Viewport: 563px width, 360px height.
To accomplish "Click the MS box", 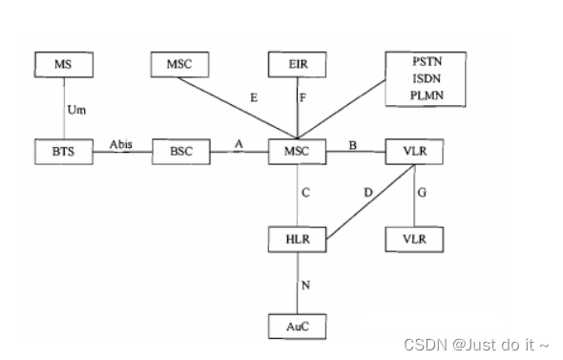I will (x=62, y=66).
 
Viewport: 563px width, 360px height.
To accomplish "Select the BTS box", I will (x=62, y=152).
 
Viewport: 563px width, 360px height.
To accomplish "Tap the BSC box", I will (x=179, y=152).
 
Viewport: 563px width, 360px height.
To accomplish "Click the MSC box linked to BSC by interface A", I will (x=297, y=152).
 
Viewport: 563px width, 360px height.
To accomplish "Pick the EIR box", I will (x=297, y=66).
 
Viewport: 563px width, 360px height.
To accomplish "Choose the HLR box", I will (x=297, y=236).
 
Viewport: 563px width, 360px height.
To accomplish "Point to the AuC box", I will (x=297, y=327).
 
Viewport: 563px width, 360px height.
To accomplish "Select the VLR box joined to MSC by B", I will (x=414, y=152).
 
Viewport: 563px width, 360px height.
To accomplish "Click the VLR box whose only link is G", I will (x=414, y=236).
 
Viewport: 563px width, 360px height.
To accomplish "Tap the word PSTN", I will (x=415, y=60).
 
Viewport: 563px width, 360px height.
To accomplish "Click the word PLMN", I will (x=415, y=95).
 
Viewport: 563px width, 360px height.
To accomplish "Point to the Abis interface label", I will (x=120, y=144).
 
